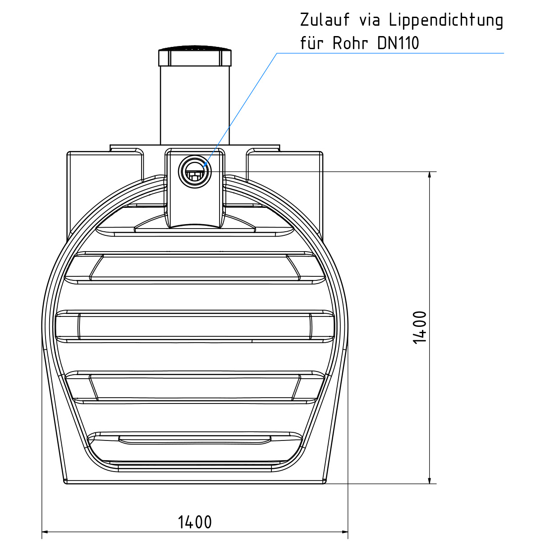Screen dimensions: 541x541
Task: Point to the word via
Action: pyautogui.click(x=370, y=20)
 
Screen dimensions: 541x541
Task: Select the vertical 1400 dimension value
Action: pyautogui.click(x=420, y=327)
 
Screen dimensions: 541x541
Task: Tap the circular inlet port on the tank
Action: pyautogui.click(x=195, y=172)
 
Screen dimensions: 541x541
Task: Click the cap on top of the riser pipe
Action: pyautogui.click(x=195, y=56)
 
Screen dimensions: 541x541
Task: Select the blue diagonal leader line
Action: pyautogui.click(x=243, y=104)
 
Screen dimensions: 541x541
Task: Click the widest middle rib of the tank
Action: pyautogui.click(x=195, y=325)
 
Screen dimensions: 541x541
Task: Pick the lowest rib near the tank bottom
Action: pyautogui.click(x=195, y=440)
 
